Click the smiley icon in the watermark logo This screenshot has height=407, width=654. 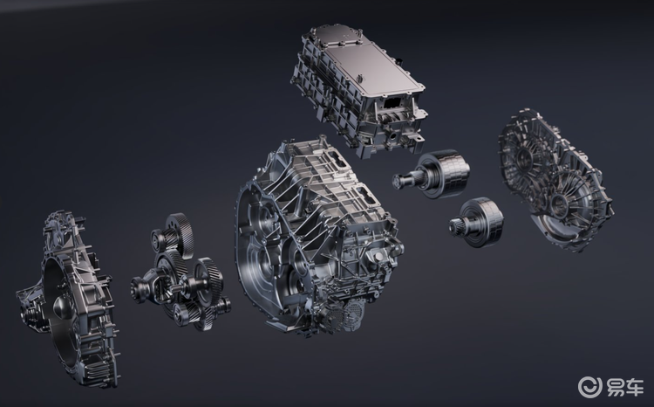pos(590,387)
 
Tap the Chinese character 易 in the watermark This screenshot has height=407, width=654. pos(617,387)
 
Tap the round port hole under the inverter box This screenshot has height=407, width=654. pos(394,137)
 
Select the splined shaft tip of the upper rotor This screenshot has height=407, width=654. pos(399,181)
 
